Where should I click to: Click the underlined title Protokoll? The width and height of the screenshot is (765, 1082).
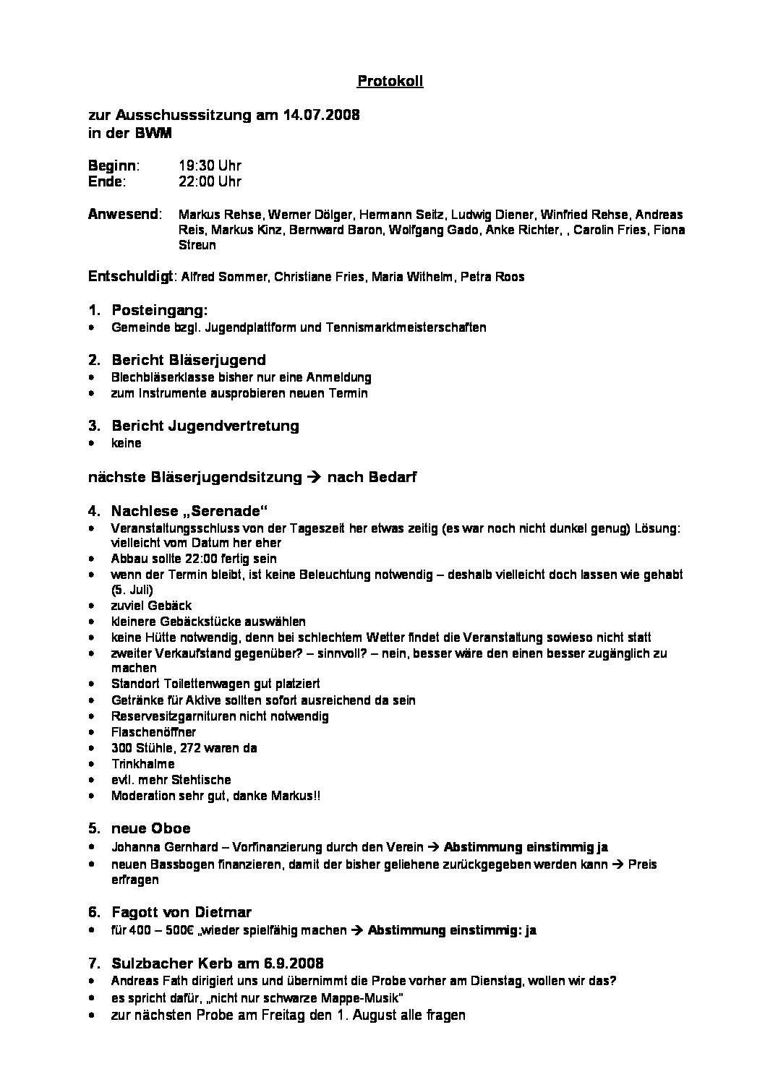point(390,81)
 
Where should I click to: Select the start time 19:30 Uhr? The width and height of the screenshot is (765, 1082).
point(210,166)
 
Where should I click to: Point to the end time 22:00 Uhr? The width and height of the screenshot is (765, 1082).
point(210,181)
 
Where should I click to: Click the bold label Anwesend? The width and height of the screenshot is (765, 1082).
point(123,214)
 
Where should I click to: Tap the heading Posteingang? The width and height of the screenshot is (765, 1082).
point(159,310)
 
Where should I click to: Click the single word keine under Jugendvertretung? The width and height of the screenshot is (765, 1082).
point(127,443)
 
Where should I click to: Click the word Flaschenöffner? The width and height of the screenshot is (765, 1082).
point(153,732)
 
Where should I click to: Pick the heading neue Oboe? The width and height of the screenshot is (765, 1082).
point(150,828)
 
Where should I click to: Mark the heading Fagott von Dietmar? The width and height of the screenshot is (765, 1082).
point(181,912)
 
